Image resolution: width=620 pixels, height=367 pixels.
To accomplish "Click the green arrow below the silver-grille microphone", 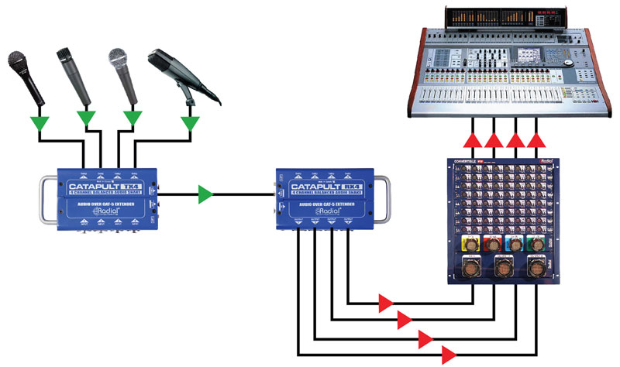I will (133, 118).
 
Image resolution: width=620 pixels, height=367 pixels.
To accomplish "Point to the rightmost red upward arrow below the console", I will (536, 139).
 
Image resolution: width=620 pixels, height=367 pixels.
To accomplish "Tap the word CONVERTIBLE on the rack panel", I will (475, 162).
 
